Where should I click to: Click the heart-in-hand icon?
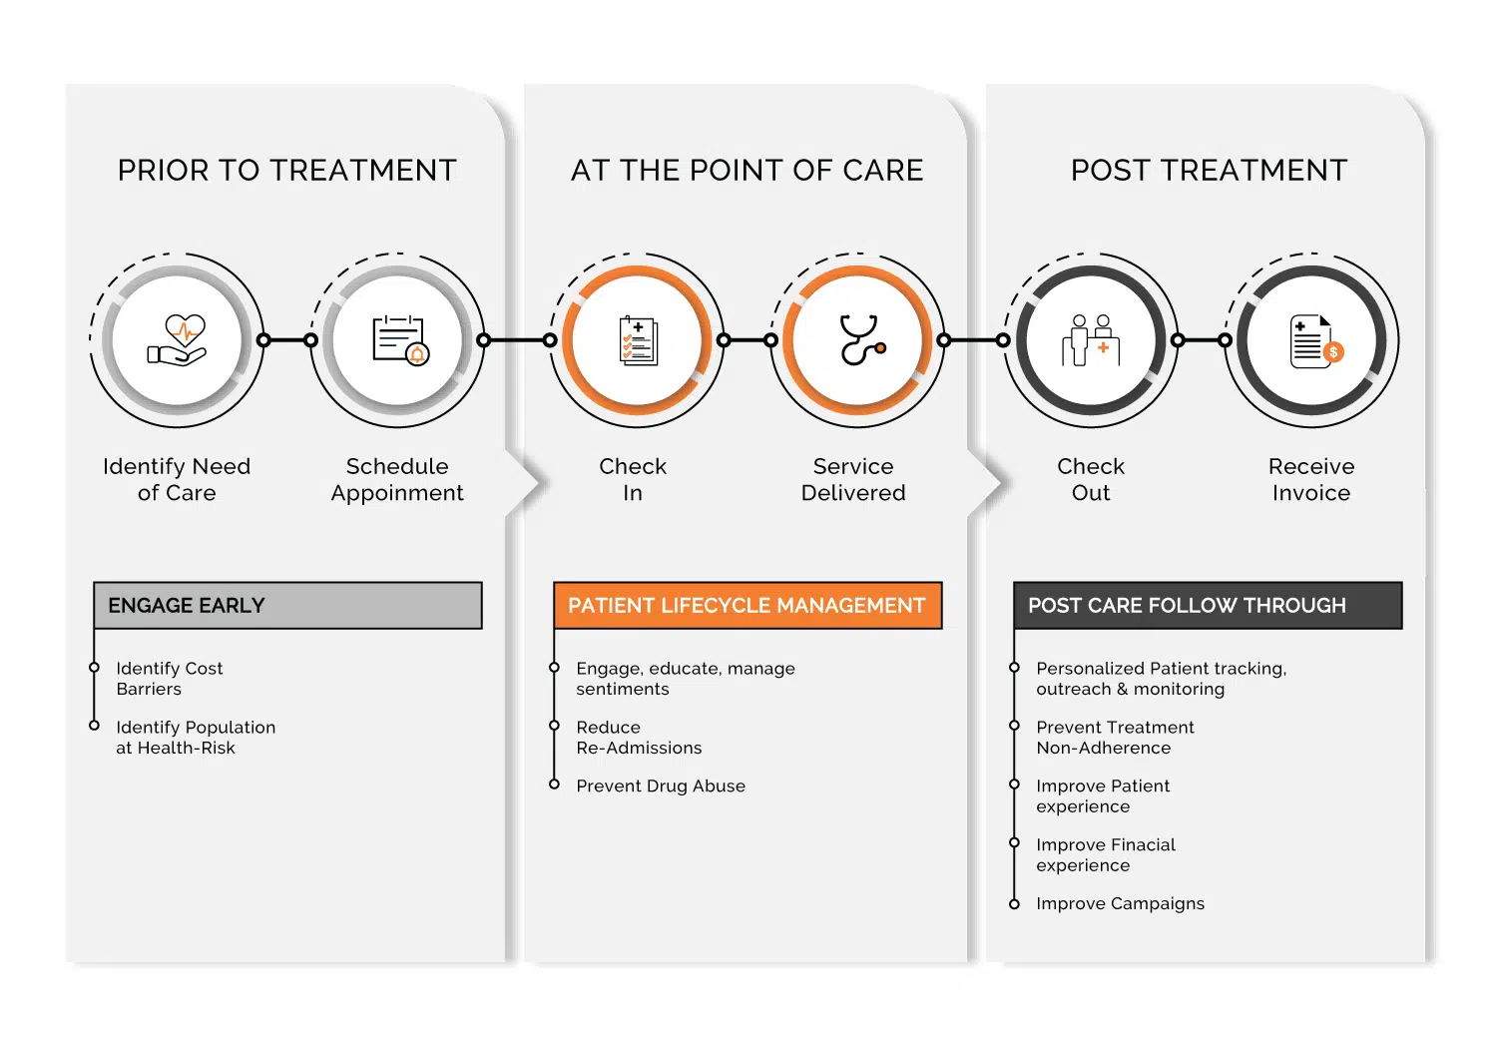(x=177, y=339)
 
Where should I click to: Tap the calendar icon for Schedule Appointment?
(x=400, y=340)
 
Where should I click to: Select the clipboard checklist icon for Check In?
(x=639, y=340)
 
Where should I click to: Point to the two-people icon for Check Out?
(x=1091, y=340)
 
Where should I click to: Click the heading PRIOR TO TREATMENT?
(x=287, y=171)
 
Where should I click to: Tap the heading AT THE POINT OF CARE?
(x=748, y=171)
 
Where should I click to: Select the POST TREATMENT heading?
(x=1209, y=171)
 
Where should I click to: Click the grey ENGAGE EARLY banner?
(x=288, y=606)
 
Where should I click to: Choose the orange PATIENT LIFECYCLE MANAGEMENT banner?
(x=748, y=606)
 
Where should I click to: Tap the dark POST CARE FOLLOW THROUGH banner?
(x=1209, y=606)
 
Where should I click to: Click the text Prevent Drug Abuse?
(x=661, y=786)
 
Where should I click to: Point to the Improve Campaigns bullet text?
(x=1120, y=903)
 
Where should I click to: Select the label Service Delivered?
(x=853, y=479)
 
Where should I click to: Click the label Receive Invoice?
(x=1311, y=479)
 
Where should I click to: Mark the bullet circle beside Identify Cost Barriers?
(x=94, y=667)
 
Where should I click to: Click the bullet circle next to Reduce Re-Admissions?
(x=554, y=726)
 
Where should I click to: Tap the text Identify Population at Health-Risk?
(x=196, y=738)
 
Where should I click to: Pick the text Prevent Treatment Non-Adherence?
(x=1115, y=738)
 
